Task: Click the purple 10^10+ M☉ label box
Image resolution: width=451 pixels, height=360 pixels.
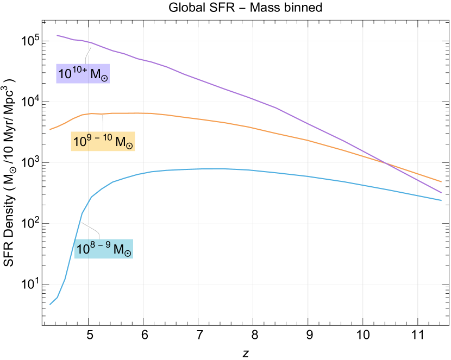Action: [x=83, y=74]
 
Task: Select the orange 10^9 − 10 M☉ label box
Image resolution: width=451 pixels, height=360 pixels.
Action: [x=103, y=142]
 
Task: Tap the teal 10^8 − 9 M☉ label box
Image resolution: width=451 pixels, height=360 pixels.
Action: [x=103, y=249]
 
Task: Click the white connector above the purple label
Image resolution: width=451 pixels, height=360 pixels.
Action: [x=87, y=55]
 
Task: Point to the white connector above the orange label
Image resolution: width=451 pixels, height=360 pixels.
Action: [x=102, y=122]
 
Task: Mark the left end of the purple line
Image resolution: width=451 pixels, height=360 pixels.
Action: [x=57, y=35]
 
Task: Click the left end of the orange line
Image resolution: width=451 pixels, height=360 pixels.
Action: [x=50, y=129]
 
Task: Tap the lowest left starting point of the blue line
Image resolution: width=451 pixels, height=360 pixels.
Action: [x=50, y=304]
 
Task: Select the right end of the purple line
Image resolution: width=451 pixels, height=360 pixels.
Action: [x=441, y=192]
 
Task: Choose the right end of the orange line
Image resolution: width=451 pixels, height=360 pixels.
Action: [x=441, y=181]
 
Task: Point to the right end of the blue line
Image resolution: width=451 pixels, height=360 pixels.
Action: [x=441, y=200]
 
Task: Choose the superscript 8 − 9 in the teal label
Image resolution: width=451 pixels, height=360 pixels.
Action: [x=101, y=245]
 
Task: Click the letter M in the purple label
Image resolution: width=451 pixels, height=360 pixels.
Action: [x=95, y=74]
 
